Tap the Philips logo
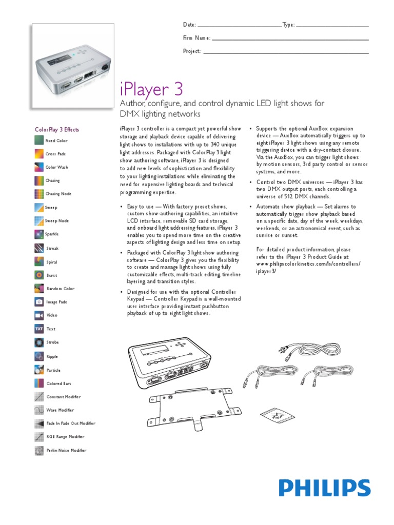pos(324,488)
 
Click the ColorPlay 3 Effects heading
pos(57,130)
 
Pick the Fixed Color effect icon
pos(39,140)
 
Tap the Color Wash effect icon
pos(39,167)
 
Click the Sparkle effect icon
pos(39,234)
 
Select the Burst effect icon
pos(39,275)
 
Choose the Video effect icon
pos(39,315)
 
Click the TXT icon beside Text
pos(39,329)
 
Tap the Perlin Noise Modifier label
pos(66,451)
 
